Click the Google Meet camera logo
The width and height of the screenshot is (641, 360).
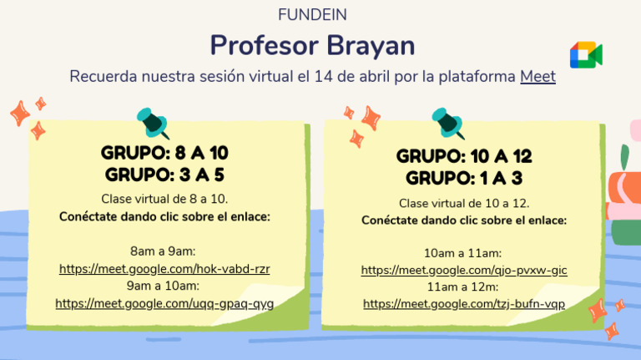[586, 54]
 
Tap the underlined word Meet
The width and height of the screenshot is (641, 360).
[538, 77]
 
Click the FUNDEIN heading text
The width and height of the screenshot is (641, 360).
[312, 15]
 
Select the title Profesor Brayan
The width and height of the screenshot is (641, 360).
[312, 45]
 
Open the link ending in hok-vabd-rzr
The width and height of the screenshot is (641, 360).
[164, 269]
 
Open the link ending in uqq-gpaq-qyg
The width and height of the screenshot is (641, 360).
[164, 303]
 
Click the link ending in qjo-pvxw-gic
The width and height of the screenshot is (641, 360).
[464, 270]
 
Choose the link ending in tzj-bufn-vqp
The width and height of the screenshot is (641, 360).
[464, 304]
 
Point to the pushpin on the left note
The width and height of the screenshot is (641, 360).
[153, 122]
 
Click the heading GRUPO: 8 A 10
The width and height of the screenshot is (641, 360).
[164, 154]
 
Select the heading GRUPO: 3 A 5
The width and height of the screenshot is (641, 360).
[164, 175]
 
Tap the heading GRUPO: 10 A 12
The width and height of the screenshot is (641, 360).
[464, 156]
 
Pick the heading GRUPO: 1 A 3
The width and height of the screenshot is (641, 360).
[464, 178]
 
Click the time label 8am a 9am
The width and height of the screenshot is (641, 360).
[164, 251]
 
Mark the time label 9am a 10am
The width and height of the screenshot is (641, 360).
[164, 286]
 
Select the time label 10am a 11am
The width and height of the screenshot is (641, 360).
[464, 252]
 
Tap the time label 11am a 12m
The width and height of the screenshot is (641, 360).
[464, 286]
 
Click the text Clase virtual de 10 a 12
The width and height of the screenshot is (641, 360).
[464, 203]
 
